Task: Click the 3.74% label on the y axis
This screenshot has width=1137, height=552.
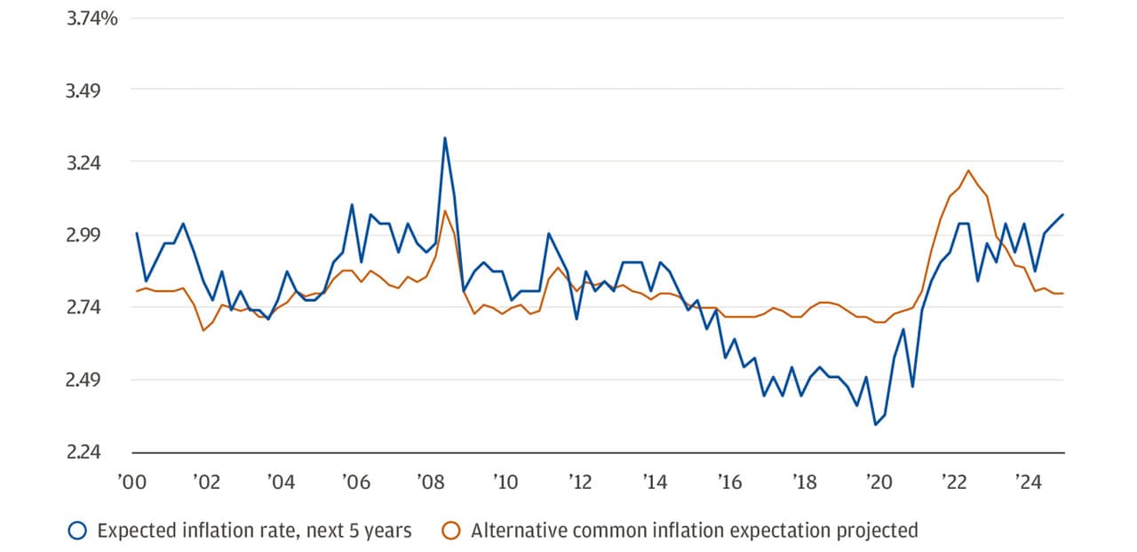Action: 92,17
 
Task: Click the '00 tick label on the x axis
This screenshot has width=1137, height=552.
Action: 131,484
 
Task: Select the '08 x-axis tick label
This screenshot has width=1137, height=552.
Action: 431,484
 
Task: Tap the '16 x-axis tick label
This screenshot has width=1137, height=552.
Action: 729,484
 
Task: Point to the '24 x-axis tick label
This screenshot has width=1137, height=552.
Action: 1028,484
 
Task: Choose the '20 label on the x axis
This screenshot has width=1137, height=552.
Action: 879,484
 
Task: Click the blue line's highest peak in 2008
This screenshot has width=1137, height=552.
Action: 445,138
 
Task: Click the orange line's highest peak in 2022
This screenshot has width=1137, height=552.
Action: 968,170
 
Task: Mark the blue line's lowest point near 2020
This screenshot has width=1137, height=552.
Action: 875,425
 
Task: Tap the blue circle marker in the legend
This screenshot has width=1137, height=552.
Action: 77,531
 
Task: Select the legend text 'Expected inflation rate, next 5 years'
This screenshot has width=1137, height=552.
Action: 254,531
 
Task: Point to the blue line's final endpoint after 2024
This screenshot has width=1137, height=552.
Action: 1063,215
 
